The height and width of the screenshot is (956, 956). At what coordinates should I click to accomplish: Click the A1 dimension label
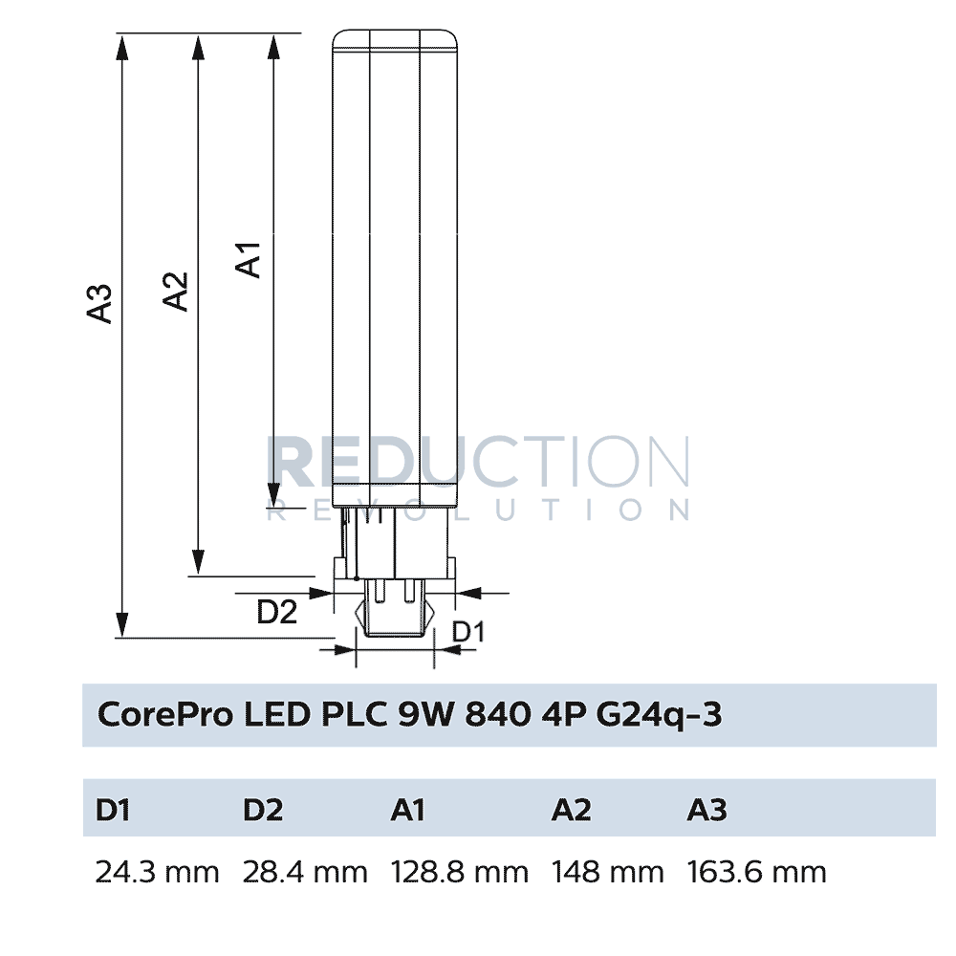[250, 260]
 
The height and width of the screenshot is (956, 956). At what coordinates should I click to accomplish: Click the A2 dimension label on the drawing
[175, 292]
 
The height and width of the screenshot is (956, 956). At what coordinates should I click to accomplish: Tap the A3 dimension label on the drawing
[100, 303]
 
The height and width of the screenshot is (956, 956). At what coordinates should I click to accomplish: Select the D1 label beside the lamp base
[468, 632]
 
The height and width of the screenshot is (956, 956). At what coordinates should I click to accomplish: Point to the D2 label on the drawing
[277, 612]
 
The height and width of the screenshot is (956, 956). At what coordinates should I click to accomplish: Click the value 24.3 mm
[157, 872]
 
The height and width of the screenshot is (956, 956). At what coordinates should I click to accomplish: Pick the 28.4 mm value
[305, 872]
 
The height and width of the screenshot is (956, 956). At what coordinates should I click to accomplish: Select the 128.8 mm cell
[460, 872]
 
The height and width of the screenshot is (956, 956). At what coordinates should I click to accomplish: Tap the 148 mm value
[607, 872]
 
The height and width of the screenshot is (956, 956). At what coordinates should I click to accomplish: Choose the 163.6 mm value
[756, 872]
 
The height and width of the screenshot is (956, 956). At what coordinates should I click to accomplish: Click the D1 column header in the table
[113, 810]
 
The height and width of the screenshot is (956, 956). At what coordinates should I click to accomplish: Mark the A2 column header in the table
[571, 810]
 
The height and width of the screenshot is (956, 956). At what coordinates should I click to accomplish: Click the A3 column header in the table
[706, 810]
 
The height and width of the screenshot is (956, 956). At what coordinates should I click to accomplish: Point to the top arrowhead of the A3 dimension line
[121, 43]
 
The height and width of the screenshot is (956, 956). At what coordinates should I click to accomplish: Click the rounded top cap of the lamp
[396, 38]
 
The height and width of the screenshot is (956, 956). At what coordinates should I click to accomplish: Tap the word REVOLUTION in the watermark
[478, 510]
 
